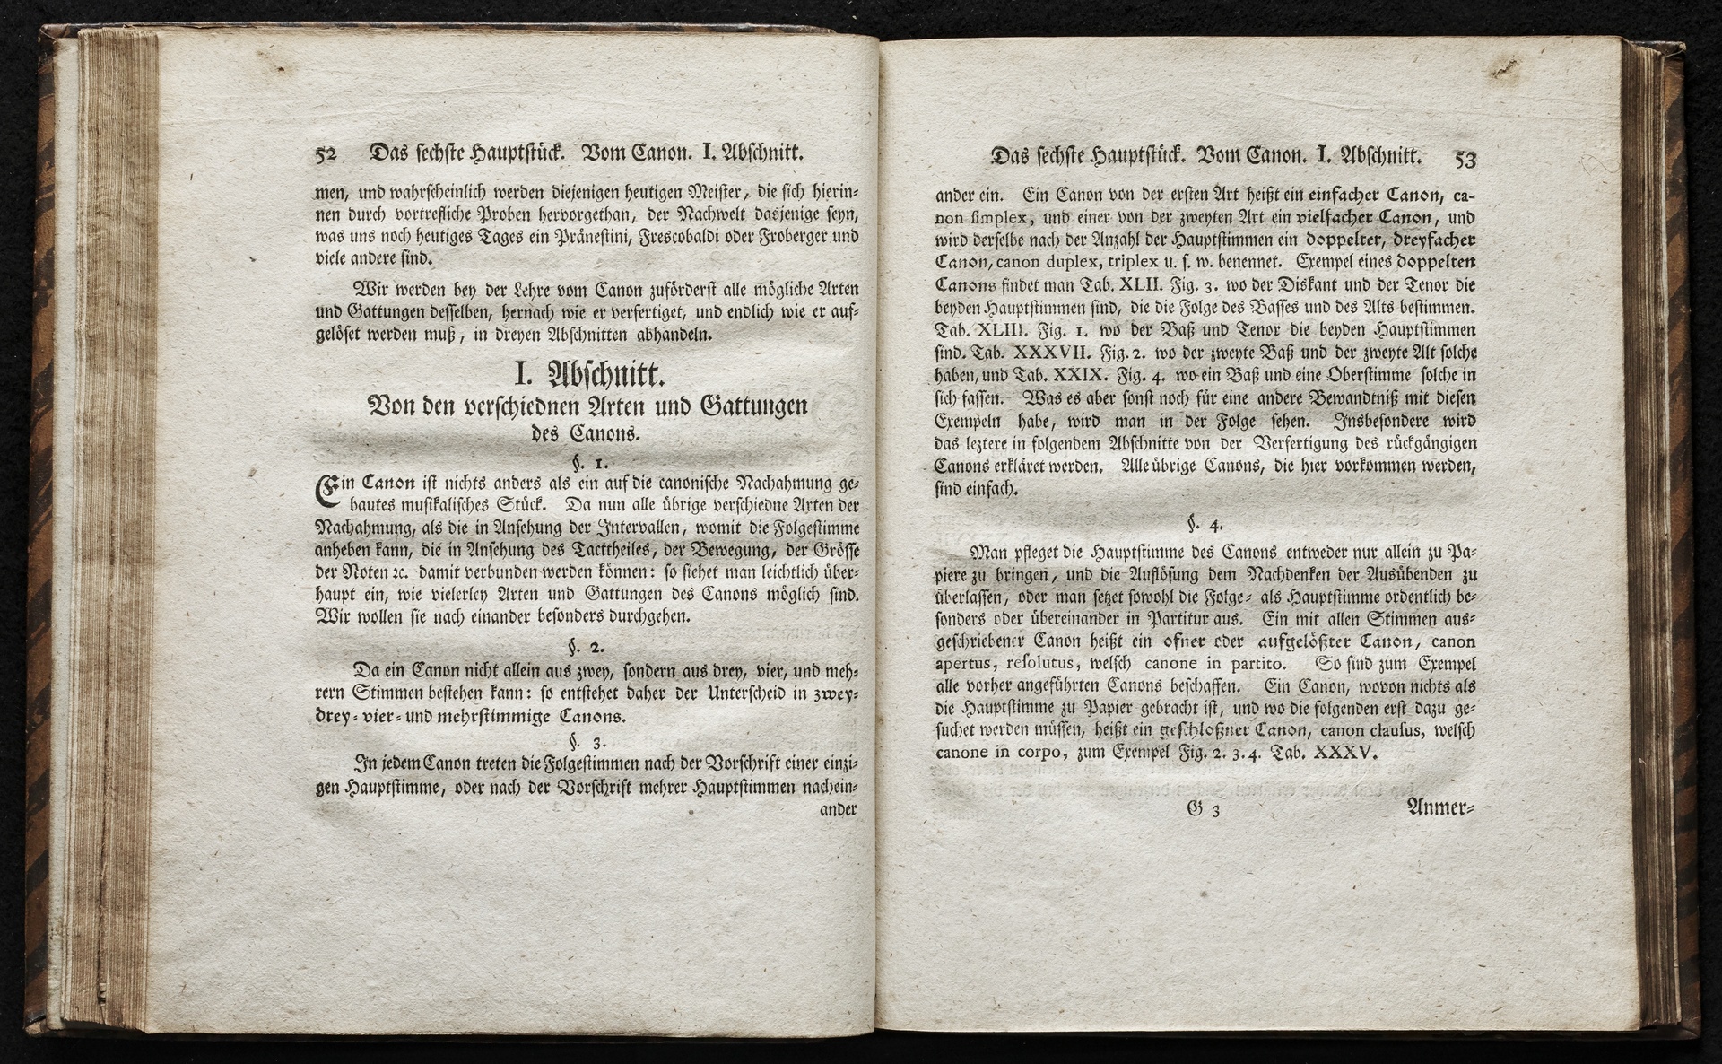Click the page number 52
click(325, 154)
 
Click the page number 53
click(1465, 159)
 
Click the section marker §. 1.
click(591, 464)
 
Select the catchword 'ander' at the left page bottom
click(839, 808)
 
